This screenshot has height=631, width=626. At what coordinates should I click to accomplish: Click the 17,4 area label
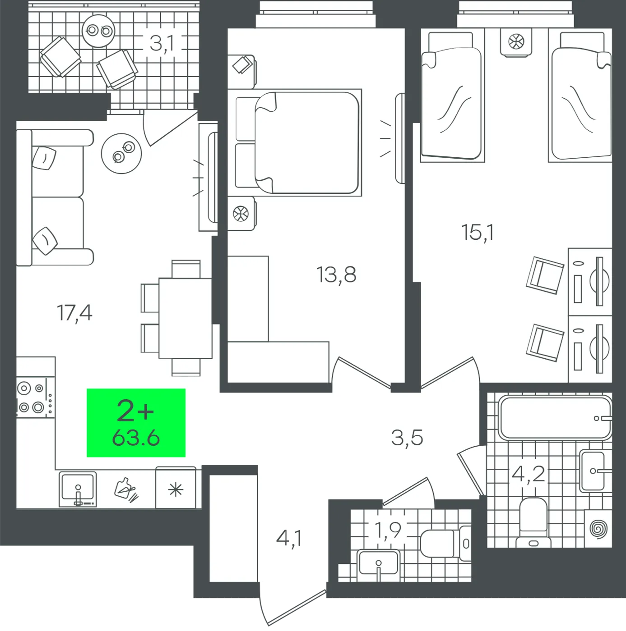point(74,313)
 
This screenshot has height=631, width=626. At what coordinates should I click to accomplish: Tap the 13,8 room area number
point(336,274)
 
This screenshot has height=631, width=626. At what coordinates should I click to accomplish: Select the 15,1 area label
point(478,233)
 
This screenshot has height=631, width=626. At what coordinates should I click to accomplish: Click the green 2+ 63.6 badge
point(136,422)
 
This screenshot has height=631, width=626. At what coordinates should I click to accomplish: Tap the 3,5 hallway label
point(407,438)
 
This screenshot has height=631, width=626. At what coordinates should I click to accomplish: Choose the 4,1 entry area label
point(288,539)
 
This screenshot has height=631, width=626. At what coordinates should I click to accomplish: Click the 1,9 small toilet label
point(388,530)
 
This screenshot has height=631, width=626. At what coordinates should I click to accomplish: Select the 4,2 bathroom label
point(528,474)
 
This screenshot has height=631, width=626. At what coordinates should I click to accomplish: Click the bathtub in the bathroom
point(555,417)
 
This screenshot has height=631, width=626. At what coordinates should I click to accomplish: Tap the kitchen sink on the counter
point(78,489)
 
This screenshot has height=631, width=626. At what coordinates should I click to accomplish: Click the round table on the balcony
point(98,31)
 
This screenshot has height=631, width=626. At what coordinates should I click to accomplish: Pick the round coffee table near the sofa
point(121,153)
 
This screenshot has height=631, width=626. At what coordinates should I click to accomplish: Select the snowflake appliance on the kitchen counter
point(176,488)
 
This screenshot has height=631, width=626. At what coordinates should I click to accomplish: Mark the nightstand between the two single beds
point(516,42)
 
